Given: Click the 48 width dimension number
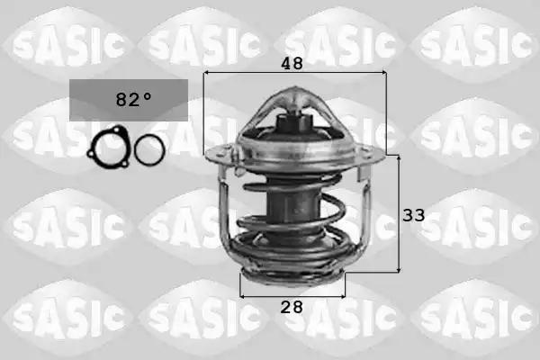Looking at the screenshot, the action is point(292,63).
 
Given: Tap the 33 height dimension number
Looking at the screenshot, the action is point(414,215).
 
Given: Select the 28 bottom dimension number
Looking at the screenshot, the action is point(292,307).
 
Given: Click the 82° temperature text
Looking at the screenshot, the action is point(133,99).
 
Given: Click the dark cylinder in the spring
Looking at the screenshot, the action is point(292,203).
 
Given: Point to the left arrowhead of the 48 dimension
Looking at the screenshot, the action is point(206,73).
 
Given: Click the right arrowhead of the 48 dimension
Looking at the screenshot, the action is point(383,73).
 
